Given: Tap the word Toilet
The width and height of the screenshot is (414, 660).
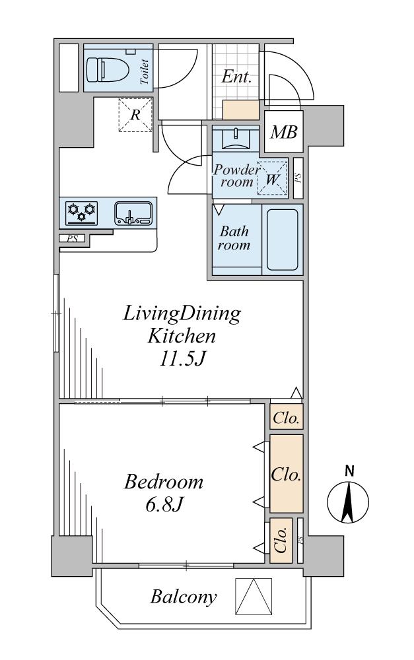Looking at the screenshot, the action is pyautogui.click(x=144, y=72).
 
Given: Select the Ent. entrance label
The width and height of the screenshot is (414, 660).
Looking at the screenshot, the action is pyautogui.click(x=236, y=77).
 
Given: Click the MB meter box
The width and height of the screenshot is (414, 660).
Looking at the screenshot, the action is pyautogui.click(x=283, y=132).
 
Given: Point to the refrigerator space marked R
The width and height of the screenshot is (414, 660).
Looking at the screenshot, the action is pyautogui.click(x=135, y=114).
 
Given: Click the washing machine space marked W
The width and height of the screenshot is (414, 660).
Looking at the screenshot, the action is pyautogui.click(x=272, y=179).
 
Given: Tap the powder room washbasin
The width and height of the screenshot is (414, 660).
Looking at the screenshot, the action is pyautogui.click(x=236, y=139).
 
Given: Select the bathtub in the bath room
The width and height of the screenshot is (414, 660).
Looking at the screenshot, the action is pyautogui.click(x=282, y=240).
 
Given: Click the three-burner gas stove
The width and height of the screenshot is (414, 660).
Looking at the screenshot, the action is pyautogui.click(x=82, y=213).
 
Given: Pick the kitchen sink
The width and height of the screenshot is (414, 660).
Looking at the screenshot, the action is pyautogui.click(x=133, y=213).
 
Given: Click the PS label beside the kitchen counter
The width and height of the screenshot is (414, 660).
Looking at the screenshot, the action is pyautogui.click(x=73, y=239).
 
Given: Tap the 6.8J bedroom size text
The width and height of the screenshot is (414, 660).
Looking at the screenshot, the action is pyautogui.click(x=164, y=504).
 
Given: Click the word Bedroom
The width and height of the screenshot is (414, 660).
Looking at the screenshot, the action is pyautogui.click(x=163, y=482).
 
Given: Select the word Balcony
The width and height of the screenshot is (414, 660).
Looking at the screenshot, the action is pyautogui.click(x=184, y=597).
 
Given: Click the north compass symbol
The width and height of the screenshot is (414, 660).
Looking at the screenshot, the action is pyautogui.click(x=348, y=497).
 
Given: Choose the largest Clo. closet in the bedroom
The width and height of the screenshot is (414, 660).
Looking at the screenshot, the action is pyautogui.click(x=287, y=473).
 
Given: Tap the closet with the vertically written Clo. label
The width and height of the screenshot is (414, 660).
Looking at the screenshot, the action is pyautogui.click(x=281, y=541).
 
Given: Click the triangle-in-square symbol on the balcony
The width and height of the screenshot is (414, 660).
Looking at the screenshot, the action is pyautogui.click(x=254, y=597).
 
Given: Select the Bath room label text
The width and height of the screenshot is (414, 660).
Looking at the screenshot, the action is pyautogui.click(x=234, y=238).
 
